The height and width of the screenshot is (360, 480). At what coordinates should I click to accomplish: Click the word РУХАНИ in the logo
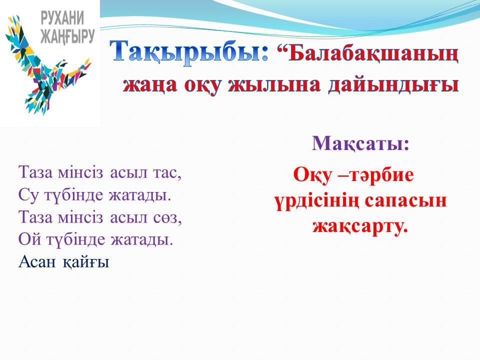62,18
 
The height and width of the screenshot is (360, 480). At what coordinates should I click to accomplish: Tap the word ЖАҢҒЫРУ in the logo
67,36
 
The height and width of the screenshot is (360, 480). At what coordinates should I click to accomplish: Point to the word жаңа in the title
150,85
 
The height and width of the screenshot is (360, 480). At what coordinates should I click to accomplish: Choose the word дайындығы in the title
393,85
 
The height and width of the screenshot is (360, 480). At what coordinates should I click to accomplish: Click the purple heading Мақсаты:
360,143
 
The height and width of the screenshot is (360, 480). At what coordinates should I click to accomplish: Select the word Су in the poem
29,194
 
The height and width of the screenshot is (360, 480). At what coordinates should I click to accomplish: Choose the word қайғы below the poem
86,263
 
